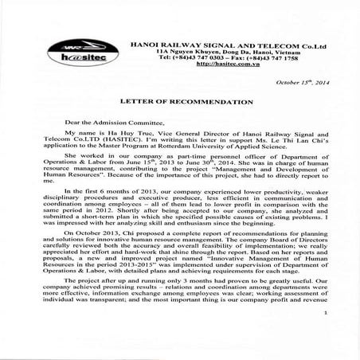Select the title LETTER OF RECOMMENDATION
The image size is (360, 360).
tap(181, 104)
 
